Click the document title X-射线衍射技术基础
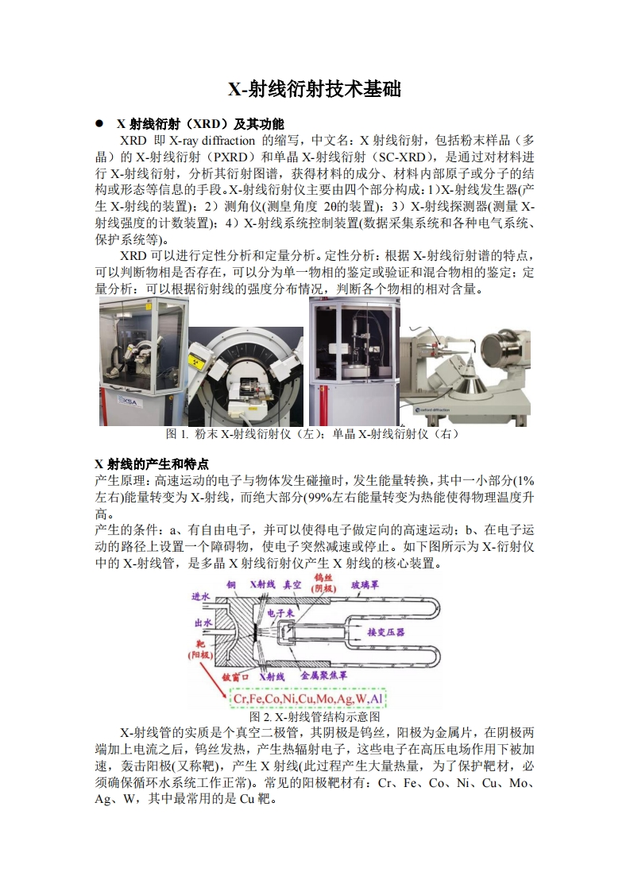315,89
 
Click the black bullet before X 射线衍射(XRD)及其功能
99,124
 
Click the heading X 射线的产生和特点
152,463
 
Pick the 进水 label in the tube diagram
201,596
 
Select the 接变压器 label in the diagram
386,632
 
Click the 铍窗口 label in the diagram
236,676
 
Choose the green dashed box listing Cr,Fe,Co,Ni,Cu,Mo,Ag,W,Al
308,699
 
